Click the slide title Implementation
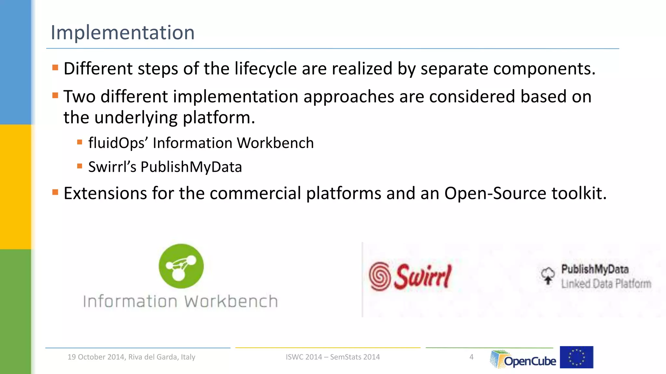123,32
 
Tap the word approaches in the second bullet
349,97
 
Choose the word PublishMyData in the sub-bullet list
191,167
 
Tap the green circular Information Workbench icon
181,266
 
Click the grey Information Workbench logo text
180,301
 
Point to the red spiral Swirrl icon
380,276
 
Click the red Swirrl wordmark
423,276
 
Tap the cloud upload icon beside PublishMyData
548,276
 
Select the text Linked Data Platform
606,284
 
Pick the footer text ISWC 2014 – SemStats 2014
333,357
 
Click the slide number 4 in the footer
472,357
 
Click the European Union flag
577,357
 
